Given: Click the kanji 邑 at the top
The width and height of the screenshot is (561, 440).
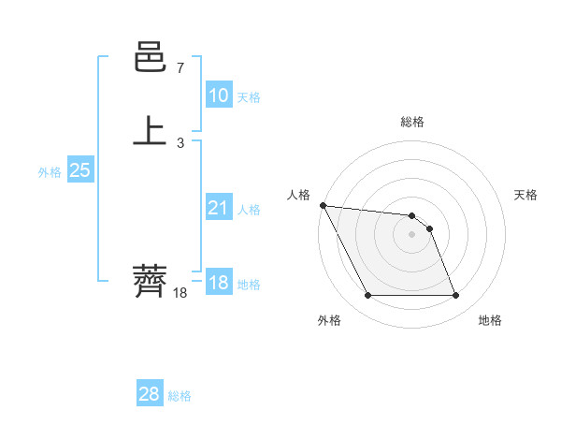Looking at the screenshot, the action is point(151,59).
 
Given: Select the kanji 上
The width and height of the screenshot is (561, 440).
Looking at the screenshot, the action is point(151,130).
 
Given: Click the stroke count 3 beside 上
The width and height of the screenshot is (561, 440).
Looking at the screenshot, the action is point(180,142).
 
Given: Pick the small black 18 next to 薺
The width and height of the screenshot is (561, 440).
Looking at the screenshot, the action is point(180,293).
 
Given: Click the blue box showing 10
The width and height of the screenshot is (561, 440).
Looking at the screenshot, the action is point(218,95).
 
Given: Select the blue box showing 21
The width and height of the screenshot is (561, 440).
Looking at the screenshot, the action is point(218,209).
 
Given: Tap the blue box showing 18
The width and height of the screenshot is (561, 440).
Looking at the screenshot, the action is point(218,283).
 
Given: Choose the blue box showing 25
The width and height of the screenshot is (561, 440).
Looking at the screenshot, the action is point(79,170).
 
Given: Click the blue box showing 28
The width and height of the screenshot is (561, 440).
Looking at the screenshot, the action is point(149,394).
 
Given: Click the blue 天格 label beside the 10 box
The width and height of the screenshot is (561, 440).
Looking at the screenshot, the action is point(249,96).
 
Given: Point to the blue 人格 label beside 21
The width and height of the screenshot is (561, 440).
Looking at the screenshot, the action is point(249,210).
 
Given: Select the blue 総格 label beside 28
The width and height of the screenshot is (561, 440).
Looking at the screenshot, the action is point(180,396).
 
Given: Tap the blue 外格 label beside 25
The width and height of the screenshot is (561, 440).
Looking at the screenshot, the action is point(50,172).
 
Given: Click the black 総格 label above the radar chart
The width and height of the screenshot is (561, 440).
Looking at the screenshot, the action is point(412,122).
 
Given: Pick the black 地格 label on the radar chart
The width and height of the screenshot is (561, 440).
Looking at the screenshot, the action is point(490,320).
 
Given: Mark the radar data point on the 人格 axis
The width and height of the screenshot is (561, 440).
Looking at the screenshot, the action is point(323,205).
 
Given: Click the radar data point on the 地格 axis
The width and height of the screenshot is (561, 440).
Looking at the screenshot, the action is point(455,296).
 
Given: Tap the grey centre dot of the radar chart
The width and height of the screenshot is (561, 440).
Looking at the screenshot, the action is point(412,234).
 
